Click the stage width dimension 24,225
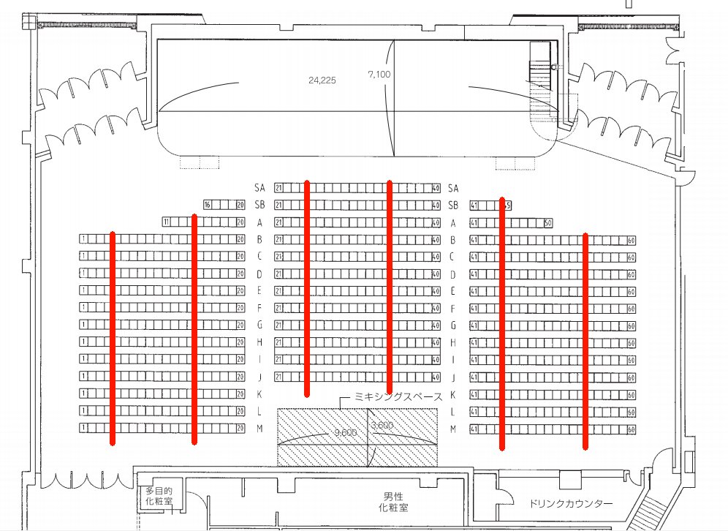(322, 80)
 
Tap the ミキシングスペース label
(398, 396)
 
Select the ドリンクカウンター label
(572, 504)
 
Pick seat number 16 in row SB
(208, 205)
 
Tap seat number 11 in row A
(167, 222)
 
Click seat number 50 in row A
(548, 222)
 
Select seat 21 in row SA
(278, 188)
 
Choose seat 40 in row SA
(436, 188)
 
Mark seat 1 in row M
(84, 428)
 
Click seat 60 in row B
(632, 240)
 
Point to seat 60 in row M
(632, 429)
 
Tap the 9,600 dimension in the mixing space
(345, 433)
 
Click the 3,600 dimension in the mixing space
(383, 426)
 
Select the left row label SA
(259, 188)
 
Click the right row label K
(453, 394)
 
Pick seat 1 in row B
(84, 239)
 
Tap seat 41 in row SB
(474, 206)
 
